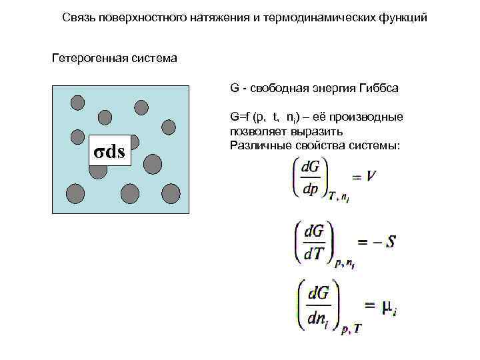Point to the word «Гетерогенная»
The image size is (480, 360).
coord(85,59)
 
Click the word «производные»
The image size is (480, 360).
coord(373,117)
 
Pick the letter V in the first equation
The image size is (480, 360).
coord(373,177)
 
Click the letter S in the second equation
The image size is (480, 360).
coord(391,241)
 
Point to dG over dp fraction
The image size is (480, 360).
coord(311,177)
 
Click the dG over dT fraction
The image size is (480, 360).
coord(315,241)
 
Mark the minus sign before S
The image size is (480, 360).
coord(373,241)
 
